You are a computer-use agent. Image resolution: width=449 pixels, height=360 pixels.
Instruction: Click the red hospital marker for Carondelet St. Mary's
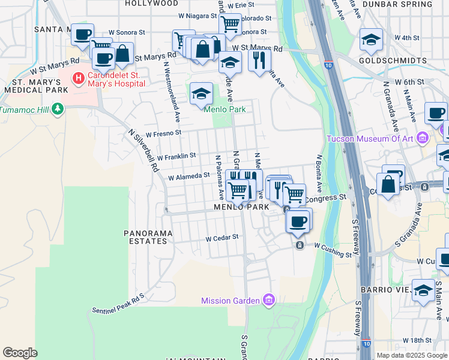tap(78, 78)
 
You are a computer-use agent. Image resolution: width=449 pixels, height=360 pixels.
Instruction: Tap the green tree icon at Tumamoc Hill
tap(58, 109)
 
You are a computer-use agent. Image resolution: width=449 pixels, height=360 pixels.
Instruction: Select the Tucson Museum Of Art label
tap(370, 139)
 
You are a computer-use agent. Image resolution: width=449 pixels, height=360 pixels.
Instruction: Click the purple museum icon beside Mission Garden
tap(268, 300)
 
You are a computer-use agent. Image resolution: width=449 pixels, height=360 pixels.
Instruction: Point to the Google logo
tap(20, 353)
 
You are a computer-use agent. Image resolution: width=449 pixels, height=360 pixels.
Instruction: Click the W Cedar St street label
tap(222, 237)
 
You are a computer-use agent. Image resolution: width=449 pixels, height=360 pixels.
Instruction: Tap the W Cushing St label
tap(332, 250)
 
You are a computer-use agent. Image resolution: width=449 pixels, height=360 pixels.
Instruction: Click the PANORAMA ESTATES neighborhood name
tap(148, 237)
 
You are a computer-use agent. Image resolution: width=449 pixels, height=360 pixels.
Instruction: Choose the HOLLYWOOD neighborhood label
tap(151, 4)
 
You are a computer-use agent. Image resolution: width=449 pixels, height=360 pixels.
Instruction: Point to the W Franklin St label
tap(176, 155)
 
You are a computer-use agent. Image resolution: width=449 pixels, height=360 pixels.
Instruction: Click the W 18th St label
tap(418, 340)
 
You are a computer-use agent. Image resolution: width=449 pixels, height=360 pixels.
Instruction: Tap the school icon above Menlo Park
tap(202, 93)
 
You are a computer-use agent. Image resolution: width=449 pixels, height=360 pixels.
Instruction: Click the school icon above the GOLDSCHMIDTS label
tap(371, 40)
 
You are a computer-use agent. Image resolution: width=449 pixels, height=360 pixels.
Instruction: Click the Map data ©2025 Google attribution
tap(411, 355)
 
